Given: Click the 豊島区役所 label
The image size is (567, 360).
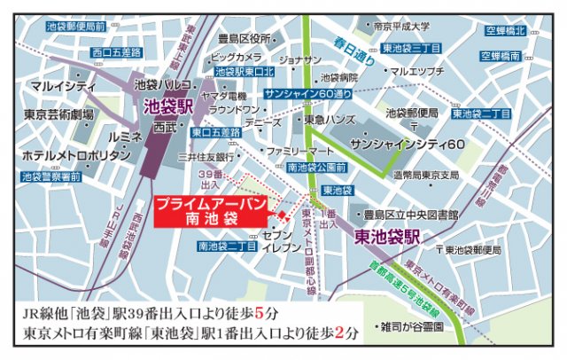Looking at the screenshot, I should pyautogui.click(x=248, y=39).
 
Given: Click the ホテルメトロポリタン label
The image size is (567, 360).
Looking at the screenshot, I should pyautogui.click(x=66, y=155).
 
